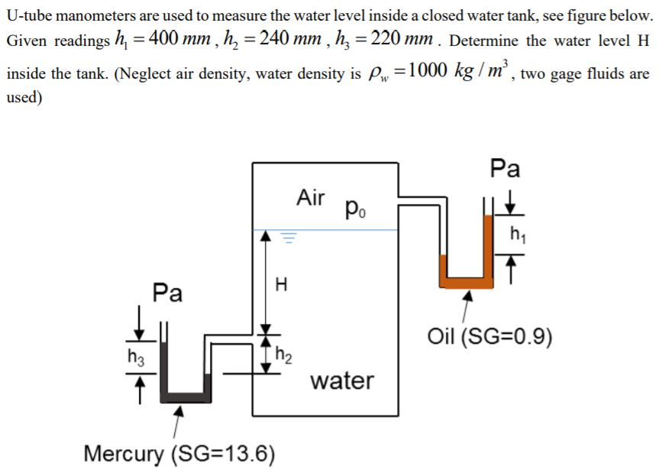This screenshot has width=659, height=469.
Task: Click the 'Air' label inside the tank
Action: (311, 197)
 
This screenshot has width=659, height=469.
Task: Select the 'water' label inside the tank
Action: (342, 380)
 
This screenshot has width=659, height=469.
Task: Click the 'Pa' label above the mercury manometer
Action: (167, 293)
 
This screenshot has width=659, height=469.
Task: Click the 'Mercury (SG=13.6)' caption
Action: (179, 453)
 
